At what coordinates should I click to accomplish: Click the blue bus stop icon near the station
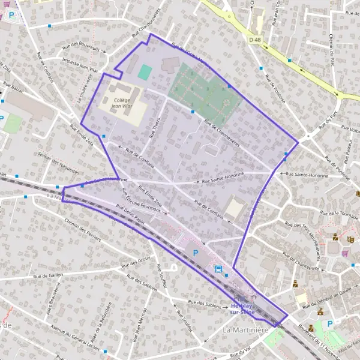click(218, 269)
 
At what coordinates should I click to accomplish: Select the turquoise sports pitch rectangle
click(145, 72)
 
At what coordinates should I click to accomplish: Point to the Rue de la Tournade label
click(339, 214)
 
